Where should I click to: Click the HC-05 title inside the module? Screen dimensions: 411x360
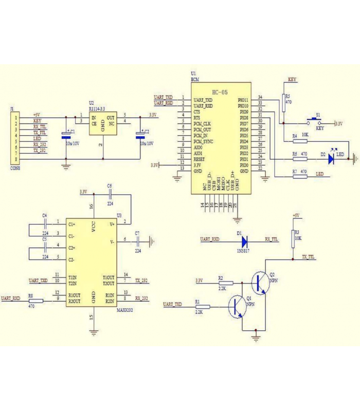(219, 92)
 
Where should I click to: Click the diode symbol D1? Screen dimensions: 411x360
(244, 239)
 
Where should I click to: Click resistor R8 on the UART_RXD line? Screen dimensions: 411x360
(37, 302)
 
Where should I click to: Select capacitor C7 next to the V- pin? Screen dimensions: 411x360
(138, 240)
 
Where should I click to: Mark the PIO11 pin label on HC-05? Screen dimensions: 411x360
(243, 100)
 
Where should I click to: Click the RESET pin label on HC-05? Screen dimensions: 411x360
(199, 159)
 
